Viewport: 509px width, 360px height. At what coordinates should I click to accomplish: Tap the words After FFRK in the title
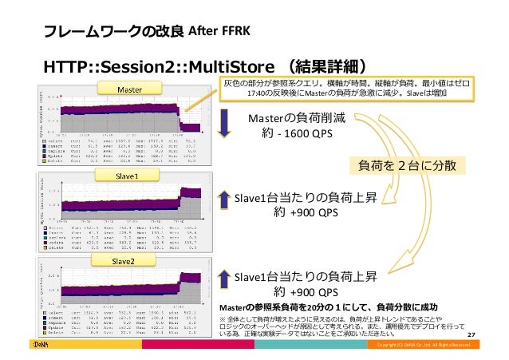click(220, 32)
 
